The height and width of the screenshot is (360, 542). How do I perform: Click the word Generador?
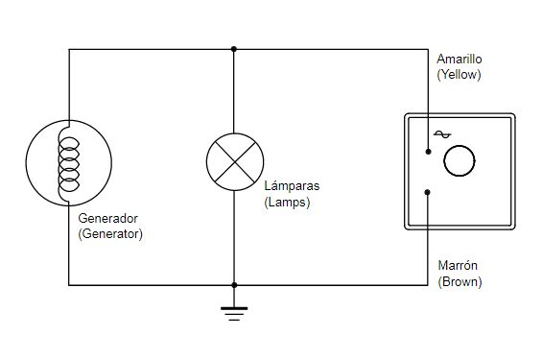point(107,219)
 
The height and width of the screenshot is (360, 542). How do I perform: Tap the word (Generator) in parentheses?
point(110,234)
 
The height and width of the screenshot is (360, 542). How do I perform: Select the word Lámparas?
point(292,185)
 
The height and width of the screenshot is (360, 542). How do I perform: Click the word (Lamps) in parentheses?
point(287,202)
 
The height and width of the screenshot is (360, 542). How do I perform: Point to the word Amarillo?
point(460,60)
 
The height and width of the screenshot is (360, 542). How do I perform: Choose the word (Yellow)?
point(459,75)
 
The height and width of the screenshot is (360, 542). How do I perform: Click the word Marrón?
point(458,266)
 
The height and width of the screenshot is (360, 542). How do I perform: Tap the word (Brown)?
point(460,282)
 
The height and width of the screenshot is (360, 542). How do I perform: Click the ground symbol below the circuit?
point(234,313)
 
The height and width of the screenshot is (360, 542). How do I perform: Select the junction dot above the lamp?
point(234,49)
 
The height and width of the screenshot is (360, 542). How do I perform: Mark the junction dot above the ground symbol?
point(234,285)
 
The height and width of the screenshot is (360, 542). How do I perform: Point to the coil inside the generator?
point(69,164)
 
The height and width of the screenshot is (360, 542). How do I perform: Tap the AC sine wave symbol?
point(442,134)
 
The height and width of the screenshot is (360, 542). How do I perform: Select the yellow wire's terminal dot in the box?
point(428,152)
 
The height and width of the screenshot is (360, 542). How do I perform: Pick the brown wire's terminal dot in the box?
point(428,192)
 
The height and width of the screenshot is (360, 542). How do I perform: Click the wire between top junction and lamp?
point(234,91)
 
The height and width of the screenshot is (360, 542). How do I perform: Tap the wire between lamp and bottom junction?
point(234,238)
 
